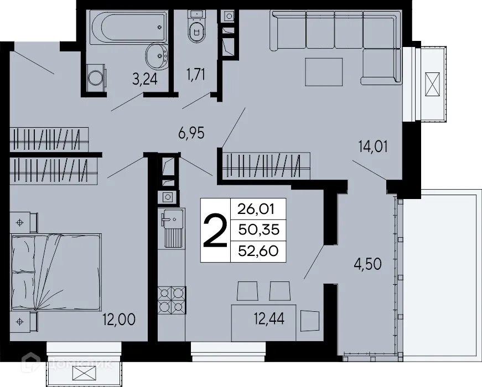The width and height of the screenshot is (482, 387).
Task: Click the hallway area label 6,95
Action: click(x=191, y=133)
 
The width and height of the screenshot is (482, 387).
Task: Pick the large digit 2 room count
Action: click(x=215, y=231)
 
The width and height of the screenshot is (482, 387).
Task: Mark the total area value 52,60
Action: click(x=258, y=252)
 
